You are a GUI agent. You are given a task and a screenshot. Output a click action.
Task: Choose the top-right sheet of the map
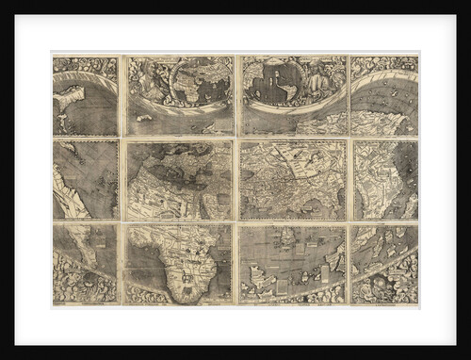(383, 94)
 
